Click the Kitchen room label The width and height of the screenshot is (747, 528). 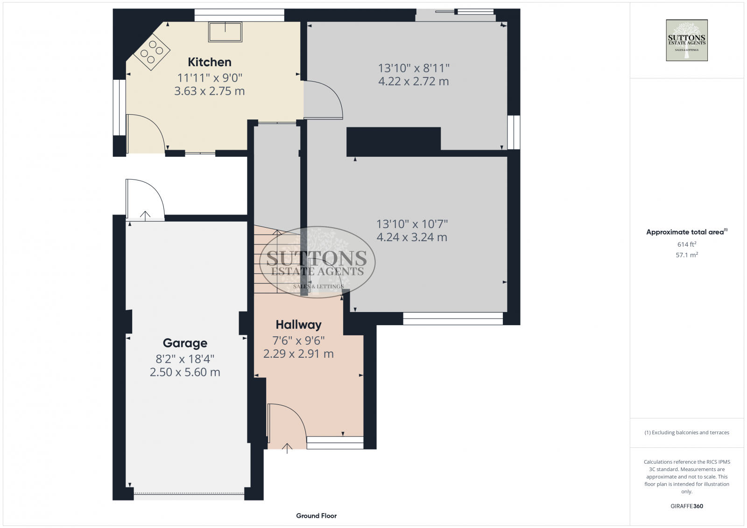click(x=209, y=62)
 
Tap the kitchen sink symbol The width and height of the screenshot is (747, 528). click(x=226, y=32)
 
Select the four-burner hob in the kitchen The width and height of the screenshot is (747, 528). click(x=152, y=52)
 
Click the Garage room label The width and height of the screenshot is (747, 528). click(x=185, y=343)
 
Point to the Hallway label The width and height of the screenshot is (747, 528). click(x=298, y=325)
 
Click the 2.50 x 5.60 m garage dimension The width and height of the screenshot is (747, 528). click(x=185, y=372)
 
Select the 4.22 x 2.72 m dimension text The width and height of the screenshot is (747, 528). click(x=413, y=82)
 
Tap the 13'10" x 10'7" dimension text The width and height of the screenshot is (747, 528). click(x=412, y=224)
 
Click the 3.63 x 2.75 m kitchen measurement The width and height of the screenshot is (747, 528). click(x=209, y=91)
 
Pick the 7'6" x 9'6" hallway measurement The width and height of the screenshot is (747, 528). click(x=298, y=340)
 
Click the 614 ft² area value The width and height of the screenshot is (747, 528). click(x=686, y=244)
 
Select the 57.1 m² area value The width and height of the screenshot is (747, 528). click(x=686, y=255)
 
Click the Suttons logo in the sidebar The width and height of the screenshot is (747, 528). click(x=686, y=40)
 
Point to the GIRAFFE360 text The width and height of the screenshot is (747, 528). click(x=686, y=506)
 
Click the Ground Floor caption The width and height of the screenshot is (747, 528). click(x=316, y=516)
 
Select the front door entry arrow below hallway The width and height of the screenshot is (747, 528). click(x=287, y=448)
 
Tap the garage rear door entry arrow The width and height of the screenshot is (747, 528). click(x=145, y=215)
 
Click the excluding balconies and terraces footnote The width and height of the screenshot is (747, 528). click(x=686, y=433)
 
